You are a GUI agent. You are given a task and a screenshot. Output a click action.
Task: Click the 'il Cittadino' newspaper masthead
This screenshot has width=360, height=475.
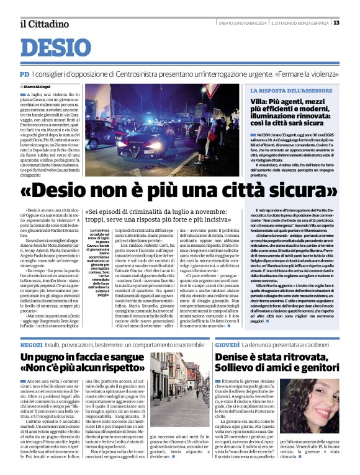click(43, 24)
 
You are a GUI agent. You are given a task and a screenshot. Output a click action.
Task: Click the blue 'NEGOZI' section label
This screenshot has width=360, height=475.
click(31, 343)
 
